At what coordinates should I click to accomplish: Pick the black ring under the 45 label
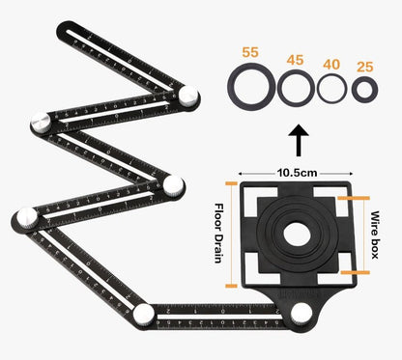coord(294,91)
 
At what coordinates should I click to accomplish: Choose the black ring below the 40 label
coord(331,91)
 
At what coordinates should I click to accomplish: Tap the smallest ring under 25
coord(365,91)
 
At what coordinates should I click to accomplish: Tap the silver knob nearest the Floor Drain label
coord(174,185)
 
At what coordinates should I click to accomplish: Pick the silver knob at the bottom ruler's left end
coord(144,315)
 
